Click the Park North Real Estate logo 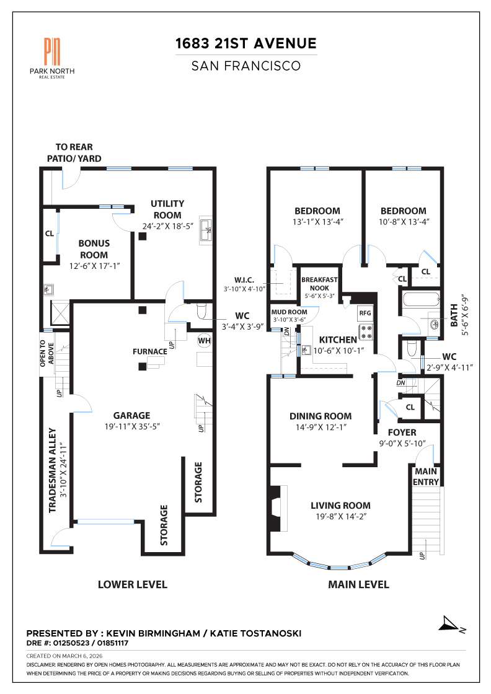coord(52,56)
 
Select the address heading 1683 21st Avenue coord(246,43)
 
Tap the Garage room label coord(131,415)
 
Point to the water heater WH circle coord(204,340)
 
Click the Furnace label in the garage coord(149,351)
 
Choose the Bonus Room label coord(94,249)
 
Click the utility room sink coord(206,230)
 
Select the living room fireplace coord(277,500)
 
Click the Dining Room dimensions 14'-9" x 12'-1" coord(321,428)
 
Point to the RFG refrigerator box coord(365,313)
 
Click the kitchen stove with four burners coord(365,332)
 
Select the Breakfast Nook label coord(319,284)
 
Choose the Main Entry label coord(427,477)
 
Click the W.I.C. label coord(244,280)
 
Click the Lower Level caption coord(133,584)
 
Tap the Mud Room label coord(285,312)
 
